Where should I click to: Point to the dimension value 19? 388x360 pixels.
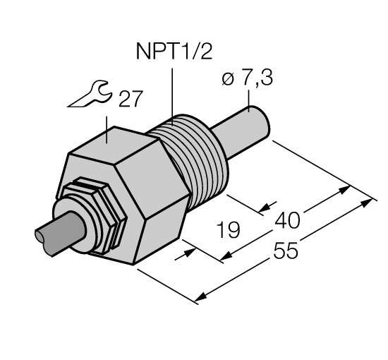(x=228, y=230)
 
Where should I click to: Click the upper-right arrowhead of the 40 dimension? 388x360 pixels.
(x=345, y=188)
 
